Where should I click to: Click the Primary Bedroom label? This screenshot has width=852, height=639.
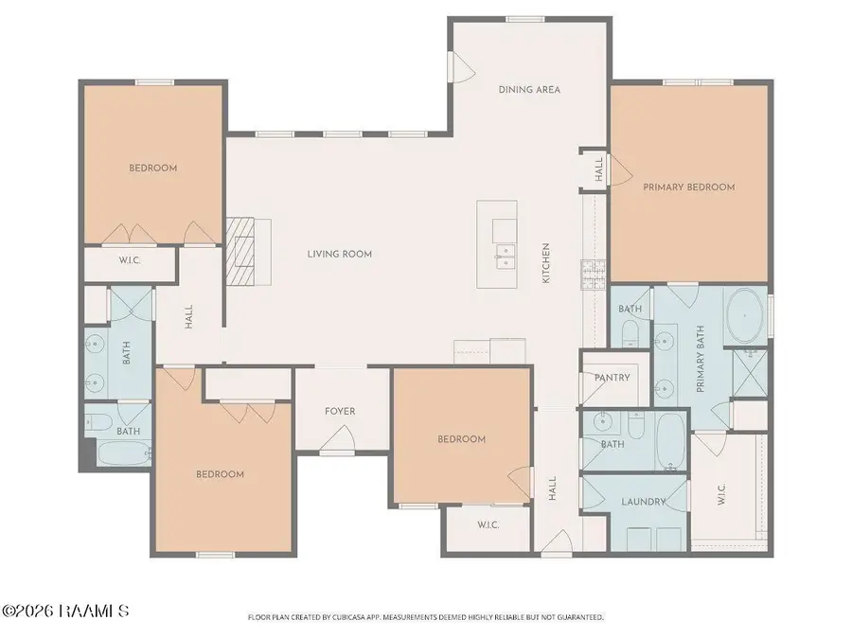[x=688, y=186]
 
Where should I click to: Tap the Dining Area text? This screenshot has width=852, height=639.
[x=529, y=89]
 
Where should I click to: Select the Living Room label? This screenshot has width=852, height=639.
[x=340, y=254]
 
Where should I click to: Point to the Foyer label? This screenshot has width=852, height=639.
[x=340, y=412]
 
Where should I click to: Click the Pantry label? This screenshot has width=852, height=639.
[x=612, y=377]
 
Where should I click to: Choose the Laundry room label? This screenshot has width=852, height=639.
[x=644, y=502]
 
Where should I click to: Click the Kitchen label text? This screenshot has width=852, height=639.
[x=546, y=263]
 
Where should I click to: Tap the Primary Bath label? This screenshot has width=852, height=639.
[x=700, y=359]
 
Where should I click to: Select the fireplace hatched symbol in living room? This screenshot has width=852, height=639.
[x=240, y=251]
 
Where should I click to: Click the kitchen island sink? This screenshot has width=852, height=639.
[x=506, y=257]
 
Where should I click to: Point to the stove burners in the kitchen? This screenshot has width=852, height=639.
[x=594, y=275]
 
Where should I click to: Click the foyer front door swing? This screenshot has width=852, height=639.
[x=338, y=438]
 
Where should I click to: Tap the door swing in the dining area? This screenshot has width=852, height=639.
[x=462, y=67]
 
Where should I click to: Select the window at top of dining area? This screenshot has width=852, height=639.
[x=524, y=20]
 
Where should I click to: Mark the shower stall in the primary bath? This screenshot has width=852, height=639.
[x=750, y=373]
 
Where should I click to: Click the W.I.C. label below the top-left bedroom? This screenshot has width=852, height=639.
[x=130, y=260]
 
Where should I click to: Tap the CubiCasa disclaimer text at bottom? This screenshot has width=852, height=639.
[x=426, y=617]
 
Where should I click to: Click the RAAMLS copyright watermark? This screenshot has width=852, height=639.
[x=65, y=611]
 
